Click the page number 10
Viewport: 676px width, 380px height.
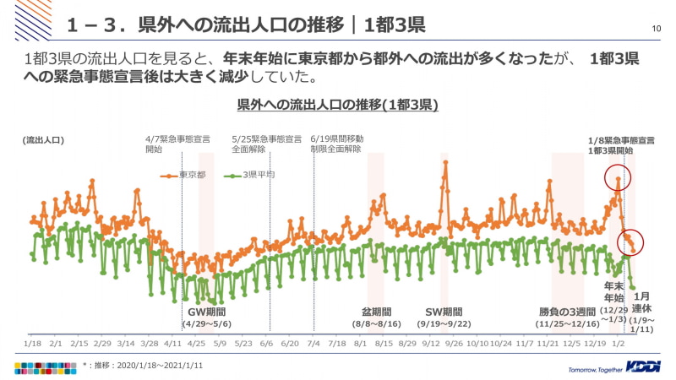(656, 29)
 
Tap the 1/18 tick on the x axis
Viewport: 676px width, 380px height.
(32, 344)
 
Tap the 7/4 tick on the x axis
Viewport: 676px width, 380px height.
(313, 344)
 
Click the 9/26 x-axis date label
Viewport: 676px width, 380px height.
(453, 344)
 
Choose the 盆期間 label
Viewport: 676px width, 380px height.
(377, 311)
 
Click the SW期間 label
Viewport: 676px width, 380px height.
(444, 311)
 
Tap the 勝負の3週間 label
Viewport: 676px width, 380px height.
(567, 311)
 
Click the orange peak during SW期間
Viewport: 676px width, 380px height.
(444, 162)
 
